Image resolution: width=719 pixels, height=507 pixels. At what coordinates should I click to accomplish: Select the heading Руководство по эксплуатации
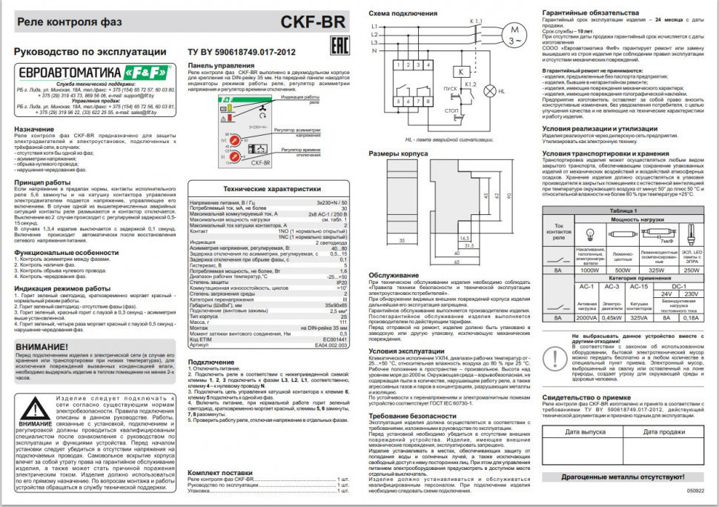91,53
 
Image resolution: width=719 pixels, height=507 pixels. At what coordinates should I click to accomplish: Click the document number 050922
695,490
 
